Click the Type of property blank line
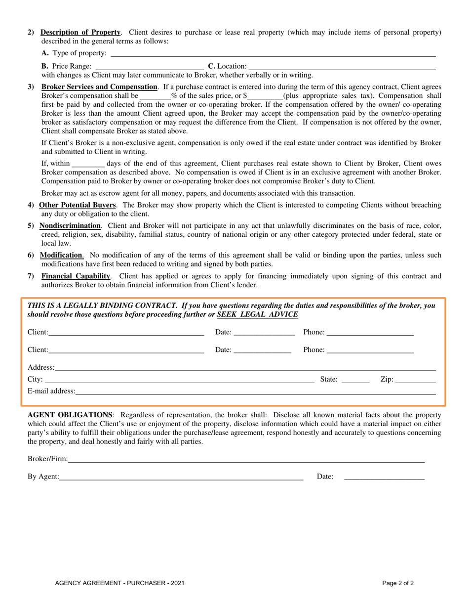pos(273,53)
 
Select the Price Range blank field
pos(149,66)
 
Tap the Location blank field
pos(342,66)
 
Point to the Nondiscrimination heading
pos(70,225)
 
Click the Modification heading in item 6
pos(61,256)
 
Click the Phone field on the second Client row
pos(370,350)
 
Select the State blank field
pos(355,380)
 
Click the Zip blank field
pos(416,380)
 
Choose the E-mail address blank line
pos(256,391)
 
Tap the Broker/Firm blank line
pos(246,459)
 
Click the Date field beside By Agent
pos(384,477)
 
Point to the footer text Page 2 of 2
pos(398,583)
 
